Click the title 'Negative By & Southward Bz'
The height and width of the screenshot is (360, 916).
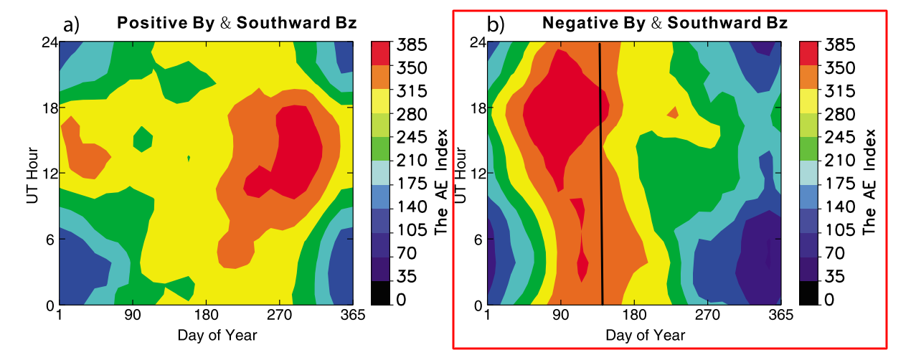pyautogui.click(x=665, y=22)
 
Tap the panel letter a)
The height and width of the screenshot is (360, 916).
pyautogui.click(x=71, y=26)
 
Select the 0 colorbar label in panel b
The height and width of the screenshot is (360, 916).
pyautogui.click(x=829, y=300)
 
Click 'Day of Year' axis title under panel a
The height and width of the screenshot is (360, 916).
pyautogui.click(x=217, y=335)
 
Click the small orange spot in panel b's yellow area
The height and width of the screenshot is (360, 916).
pyautogui.click(x=673, y=113)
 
